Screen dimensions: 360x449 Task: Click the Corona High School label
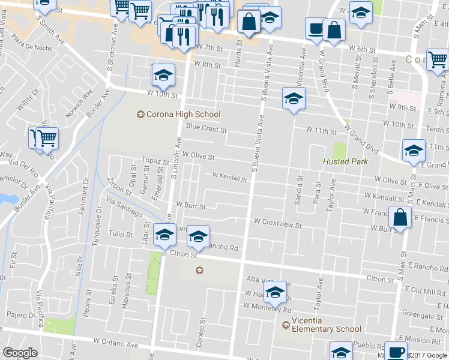click(179, 114)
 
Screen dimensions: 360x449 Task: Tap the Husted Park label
click(345, 161)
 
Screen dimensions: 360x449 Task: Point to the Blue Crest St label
click(206, 128)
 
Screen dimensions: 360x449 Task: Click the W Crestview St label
click(277, 223)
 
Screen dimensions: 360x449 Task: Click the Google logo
click(20, 353)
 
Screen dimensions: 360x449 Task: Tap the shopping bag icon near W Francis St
click(400, 217)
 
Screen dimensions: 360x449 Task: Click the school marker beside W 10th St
click(163, 75)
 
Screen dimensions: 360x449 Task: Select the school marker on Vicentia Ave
click(294, 99)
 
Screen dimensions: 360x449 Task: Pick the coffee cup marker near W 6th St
click(315, 28)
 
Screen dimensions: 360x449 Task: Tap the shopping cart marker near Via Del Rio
click(46, 138)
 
